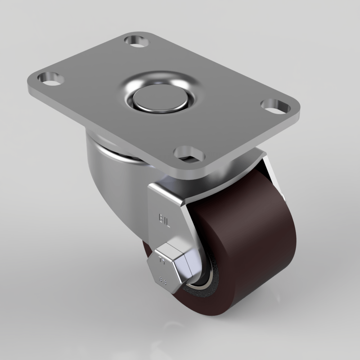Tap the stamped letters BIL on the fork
click(x=165, y=219)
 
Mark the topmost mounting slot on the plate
click(x=137, y=40)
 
